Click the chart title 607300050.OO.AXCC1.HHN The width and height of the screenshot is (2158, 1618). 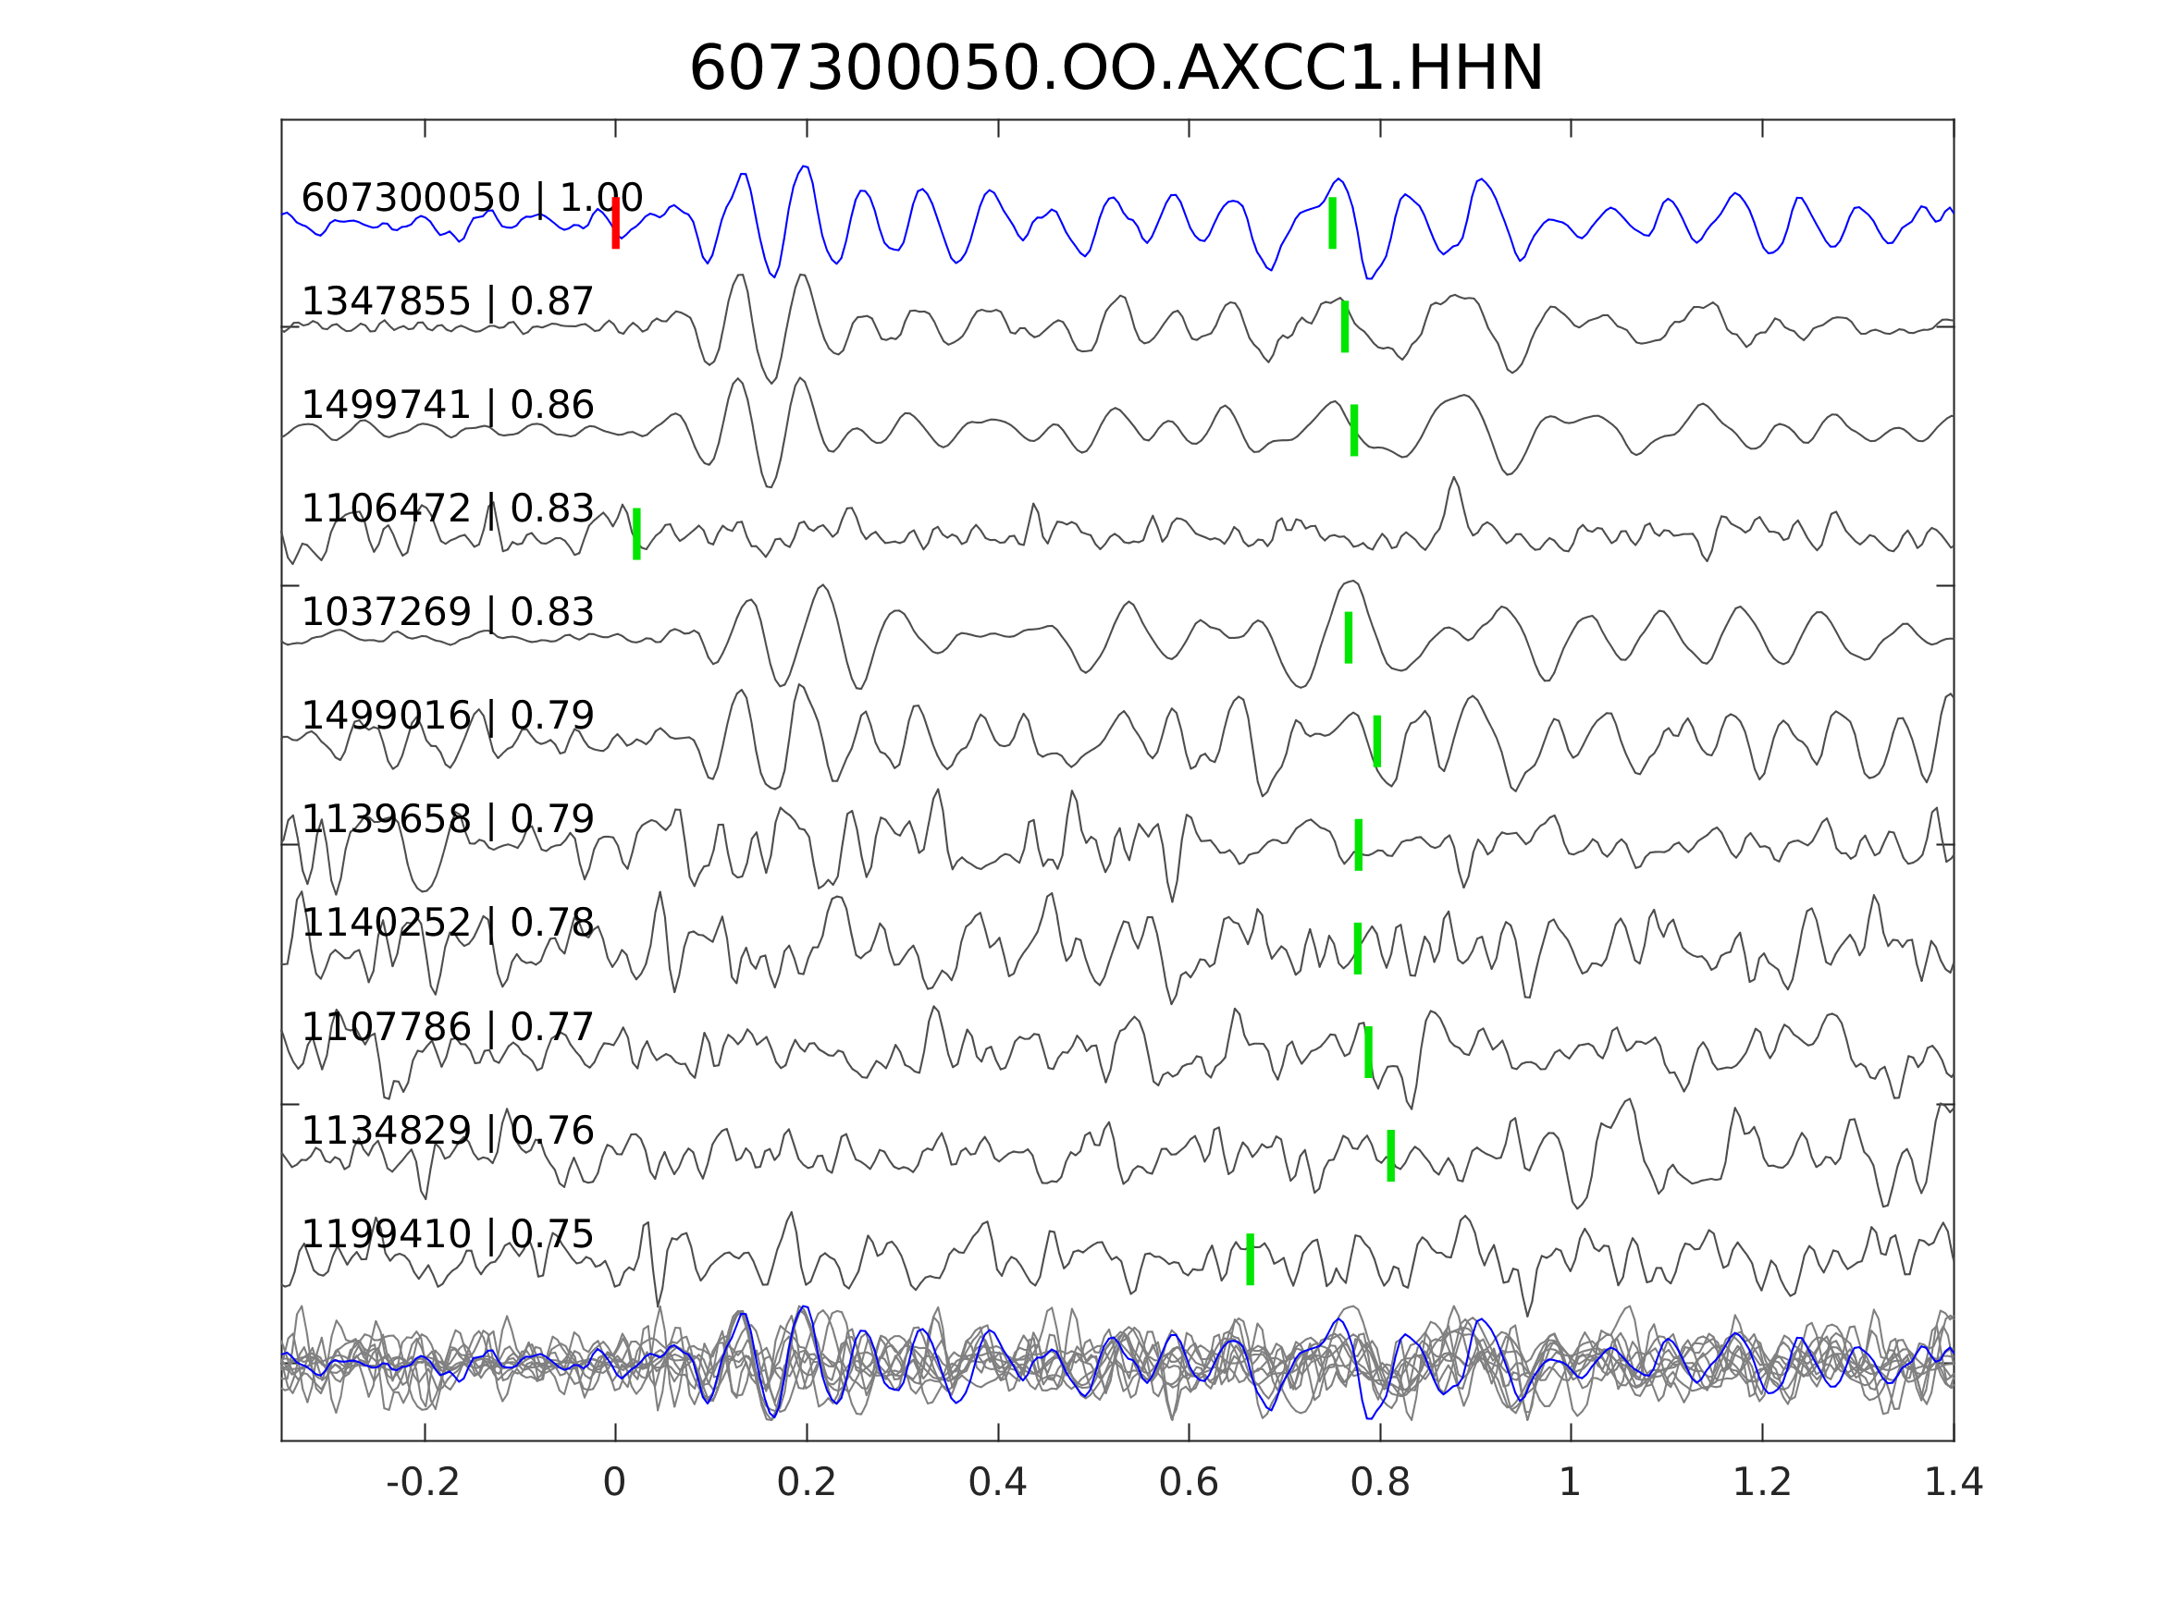point(1116,69)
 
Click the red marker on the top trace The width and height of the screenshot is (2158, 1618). point(616,224)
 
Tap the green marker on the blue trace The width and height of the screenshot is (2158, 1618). point(1333,224)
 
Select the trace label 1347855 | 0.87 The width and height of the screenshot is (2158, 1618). point(447,301)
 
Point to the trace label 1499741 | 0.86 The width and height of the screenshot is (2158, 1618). point(447,405)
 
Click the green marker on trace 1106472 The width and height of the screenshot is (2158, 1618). point(637,533)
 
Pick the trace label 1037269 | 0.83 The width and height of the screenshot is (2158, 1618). point(447,612)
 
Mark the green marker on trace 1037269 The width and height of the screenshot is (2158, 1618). point(1349,638)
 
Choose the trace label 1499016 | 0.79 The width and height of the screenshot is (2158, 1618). point(447,716)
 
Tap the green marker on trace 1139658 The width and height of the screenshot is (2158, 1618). point(1358,845)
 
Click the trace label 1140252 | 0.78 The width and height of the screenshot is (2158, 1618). point(447,923)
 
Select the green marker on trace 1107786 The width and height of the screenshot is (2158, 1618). point(1369,1051)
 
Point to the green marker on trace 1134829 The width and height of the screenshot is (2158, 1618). point(1390,1156)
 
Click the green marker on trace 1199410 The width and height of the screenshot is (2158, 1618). point(1250,1259)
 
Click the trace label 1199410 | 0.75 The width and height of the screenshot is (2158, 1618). point(447,1234)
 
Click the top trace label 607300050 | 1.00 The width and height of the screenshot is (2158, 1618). point(471,198)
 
